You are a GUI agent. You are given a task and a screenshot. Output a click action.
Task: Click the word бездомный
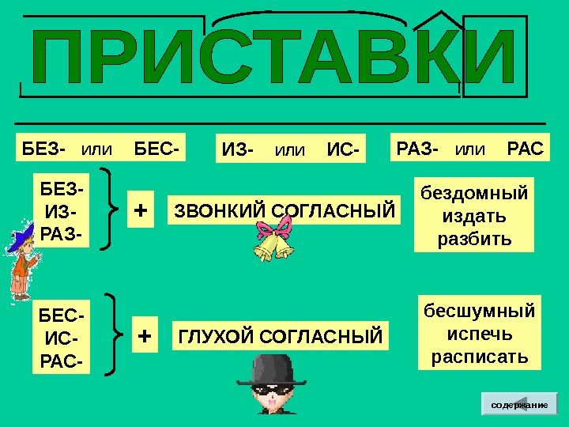(473, 193)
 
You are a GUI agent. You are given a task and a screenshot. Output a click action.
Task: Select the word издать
(473, 216)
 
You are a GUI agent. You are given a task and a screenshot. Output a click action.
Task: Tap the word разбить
(473, 238)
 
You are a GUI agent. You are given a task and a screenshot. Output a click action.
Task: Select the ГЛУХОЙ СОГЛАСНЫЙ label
(280, 337)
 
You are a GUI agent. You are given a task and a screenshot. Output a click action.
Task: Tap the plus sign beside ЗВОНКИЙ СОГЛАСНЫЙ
(141, 211)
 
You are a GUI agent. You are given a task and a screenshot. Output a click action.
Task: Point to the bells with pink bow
(273, 242)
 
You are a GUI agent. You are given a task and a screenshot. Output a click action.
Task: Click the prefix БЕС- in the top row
(156, 149)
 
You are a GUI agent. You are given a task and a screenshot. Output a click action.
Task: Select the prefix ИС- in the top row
(342, 149)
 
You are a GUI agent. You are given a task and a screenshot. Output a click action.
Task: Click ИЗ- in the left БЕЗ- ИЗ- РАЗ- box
(58, 211)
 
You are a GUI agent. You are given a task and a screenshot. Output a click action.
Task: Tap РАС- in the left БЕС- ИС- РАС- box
(60, 362)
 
